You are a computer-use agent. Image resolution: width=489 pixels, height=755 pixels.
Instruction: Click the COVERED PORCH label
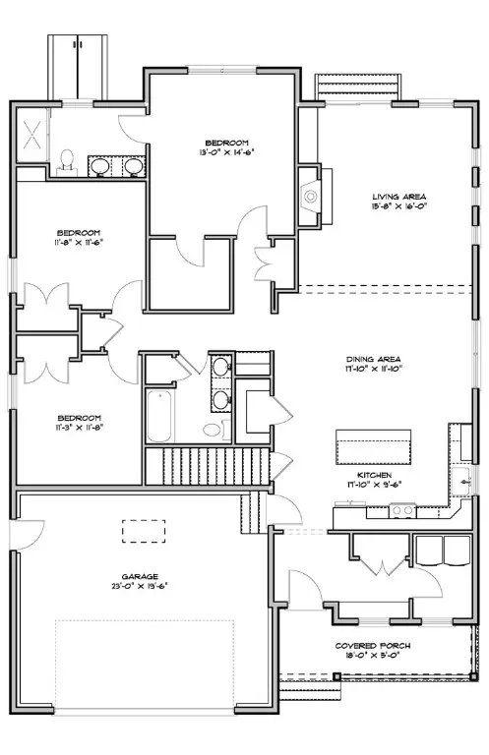click(x=380, y=646)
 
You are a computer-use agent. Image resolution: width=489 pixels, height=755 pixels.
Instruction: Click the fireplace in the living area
click(x=310, y=195)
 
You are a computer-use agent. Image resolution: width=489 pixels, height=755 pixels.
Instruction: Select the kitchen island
click(x=374, y=447)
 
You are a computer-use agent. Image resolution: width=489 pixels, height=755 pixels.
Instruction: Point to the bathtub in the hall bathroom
click(x=157, y=418)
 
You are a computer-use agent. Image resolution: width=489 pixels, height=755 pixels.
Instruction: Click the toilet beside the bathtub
click(x=212, y=429)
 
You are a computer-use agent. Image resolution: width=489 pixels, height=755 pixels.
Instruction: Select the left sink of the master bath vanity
click(x=100, y=166)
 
